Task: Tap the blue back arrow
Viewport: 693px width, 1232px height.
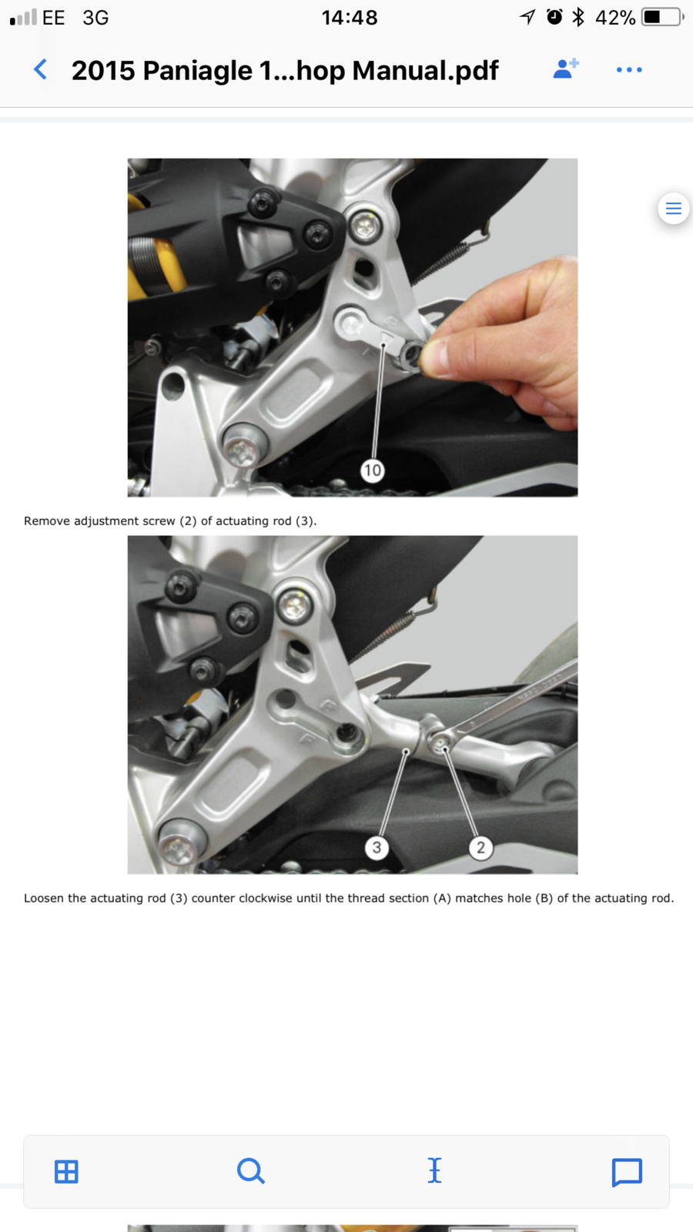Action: pos(40,70)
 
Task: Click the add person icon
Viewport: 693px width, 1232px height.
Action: pos(565,69)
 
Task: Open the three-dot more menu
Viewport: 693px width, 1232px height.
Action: pos(629,70)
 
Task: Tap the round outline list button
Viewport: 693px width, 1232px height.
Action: pos(673,209)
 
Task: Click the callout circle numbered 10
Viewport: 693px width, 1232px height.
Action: pos(373,470)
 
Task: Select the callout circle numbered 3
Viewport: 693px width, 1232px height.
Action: pos(377,847)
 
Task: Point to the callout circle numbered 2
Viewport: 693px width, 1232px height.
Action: pos(480,847)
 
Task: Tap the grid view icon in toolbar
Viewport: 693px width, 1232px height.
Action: pos(66,1171)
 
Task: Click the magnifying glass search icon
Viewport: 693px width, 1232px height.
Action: pos(251,1171)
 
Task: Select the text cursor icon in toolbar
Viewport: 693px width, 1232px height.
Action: pos(434,1170)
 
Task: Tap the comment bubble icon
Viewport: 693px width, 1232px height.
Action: pos(627,1173)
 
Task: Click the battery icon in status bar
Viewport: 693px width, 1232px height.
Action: pos(663,17)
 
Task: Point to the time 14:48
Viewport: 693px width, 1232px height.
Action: pos(350,18)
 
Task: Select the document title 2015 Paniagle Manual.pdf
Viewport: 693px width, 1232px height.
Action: pos(285,70)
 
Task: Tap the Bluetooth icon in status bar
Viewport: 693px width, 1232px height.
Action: pos(578,17)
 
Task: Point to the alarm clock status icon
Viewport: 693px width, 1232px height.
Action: pos(554,17)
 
